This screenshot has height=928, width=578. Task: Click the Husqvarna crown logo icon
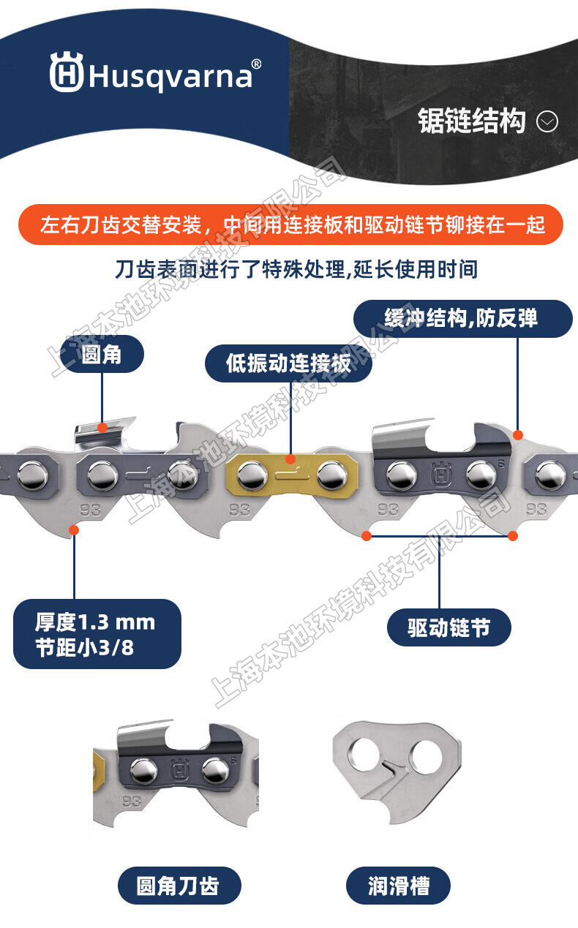[x=67, y=72]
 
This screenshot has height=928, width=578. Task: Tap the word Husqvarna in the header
[x=170, y=77]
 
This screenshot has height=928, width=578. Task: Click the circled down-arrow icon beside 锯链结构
[x=547, y=121]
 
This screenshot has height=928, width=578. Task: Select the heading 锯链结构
[x=471, y=121]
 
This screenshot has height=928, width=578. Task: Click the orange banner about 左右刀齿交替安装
[x=290, y=225]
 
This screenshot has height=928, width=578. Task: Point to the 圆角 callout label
[x=102, y=354]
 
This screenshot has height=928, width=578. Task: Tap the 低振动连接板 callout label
[x=288, y=363]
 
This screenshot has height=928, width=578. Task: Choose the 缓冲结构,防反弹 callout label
[x=462, y=319]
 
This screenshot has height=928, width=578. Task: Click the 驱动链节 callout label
[x=448, y=627]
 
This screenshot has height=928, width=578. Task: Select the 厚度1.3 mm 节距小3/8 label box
[x=97, y=634]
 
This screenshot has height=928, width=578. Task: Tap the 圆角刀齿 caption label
[x=179, y=886]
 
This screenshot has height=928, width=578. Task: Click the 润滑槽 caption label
[x=398, y=886]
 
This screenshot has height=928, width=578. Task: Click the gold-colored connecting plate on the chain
[x=292, y=475]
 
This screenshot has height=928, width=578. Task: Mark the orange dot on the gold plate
[x=290, y=459]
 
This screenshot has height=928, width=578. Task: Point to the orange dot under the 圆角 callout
[x=102, y=428]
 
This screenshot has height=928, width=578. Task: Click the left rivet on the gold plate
[x=252, y=475]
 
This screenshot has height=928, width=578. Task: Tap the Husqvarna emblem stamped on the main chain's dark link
[x=441, y=474]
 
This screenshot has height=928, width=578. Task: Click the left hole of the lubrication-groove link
[x=364, y=753]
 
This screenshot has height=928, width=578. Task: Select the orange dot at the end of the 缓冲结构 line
[x=518, y=435]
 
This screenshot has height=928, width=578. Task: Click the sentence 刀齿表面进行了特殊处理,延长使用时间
[x=296, y=270]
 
